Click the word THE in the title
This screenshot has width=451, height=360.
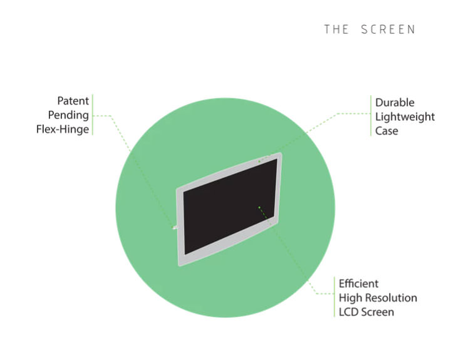click(x=336, y=29)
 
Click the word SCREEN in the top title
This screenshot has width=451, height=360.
click(x=388, y=29)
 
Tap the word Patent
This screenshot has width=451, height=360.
click(x=73, y=101)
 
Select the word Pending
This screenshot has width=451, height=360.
click(x=68, y=115)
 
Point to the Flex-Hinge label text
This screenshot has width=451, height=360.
click(x=63, y=130)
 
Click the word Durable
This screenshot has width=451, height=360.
click(x=395, y=103)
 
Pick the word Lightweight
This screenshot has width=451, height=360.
click(x=405, y=117)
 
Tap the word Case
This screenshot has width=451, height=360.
click(x=386, y=131)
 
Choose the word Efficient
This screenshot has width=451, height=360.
click(x=358, y=284)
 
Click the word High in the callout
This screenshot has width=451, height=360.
click(x=350, y=298)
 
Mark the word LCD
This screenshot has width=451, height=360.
click(x=349, y=312)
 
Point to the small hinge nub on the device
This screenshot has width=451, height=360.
click(x=175, y=229)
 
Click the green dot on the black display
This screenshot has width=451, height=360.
click(x=259, y=207)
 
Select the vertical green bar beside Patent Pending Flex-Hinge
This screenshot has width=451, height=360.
click(x=92, y=115)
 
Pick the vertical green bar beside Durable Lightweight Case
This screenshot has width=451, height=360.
click(x=370, y=117)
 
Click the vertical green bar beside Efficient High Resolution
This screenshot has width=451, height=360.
click(x=334, y=297)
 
